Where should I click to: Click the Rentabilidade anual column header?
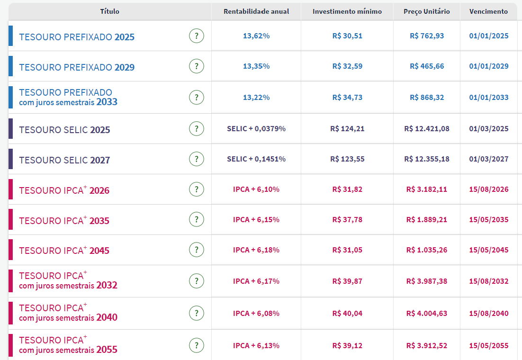coord(256,12)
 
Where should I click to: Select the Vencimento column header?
coord(488,12)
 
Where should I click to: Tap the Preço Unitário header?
coord(427,12)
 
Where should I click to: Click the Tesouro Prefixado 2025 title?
coord(77,37)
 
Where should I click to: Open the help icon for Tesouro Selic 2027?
coord(197,159)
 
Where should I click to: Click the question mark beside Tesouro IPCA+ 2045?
coord(197,250)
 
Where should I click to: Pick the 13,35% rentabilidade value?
coord(256,66)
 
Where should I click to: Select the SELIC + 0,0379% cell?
coord(256,129)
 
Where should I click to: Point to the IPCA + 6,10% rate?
coord(256,189)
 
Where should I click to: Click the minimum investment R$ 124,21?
coord(347,129)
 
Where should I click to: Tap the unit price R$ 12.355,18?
coord(427,159)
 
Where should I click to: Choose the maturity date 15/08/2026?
coord(489,189)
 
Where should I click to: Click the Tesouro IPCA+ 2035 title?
coord(64,220)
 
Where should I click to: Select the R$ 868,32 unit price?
coord(427,98)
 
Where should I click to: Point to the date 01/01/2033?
coord(489,98)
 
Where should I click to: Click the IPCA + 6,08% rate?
coord(256,314)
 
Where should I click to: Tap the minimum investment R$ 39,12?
coord(347,346)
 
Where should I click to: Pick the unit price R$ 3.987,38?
coord(427,281)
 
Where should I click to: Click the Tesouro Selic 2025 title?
coord(64,130)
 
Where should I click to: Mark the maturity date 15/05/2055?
coord(489,346)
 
